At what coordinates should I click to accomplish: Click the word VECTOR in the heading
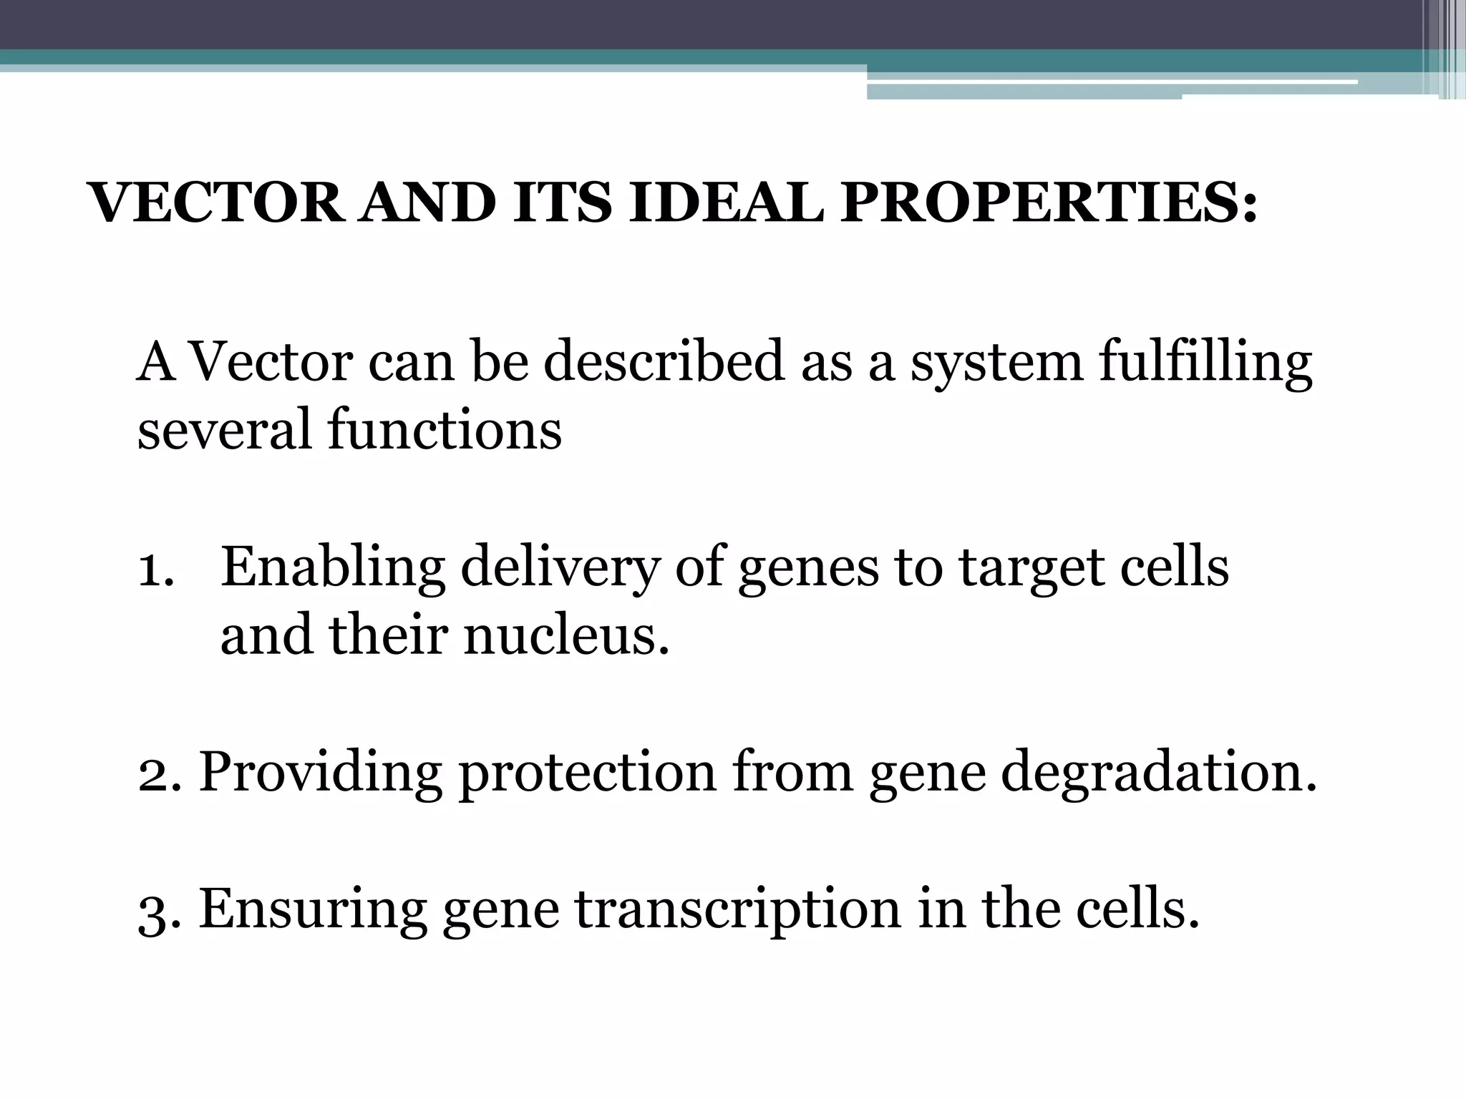[x=215, y=203]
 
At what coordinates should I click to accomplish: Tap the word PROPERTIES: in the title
[x=1048, y=203]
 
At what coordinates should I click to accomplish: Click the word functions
[x=445, y=430]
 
